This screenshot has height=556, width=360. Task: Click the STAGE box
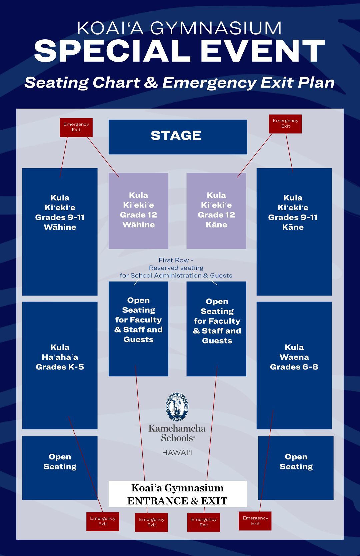[178, 137]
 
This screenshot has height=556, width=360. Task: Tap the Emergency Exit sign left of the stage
[76, 127]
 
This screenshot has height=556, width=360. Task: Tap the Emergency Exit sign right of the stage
[285, 124]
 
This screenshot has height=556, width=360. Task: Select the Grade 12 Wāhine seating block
[138, 210]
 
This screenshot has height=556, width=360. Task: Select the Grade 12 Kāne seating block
[216, 210]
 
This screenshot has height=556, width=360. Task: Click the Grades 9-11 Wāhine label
[60, 213]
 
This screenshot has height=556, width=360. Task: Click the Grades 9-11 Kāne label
[293, 213]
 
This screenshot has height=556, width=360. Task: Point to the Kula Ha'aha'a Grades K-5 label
[60, 357]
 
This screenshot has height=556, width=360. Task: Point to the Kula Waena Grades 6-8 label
[294, 357]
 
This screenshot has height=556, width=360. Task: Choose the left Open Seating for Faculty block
[138, 328]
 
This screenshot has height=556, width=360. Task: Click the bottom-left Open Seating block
[60, 467]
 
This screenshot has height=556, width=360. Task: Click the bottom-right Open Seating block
[296, 467]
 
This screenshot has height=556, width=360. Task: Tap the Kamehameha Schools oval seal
[177, 407]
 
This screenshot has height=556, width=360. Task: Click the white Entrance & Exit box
[178, 494]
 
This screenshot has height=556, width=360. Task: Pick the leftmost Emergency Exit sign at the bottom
[103, 521]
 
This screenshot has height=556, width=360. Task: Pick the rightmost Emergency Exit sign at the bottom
[255, 521]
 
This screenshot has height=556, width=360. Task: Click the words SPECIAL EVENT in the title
[179, 51]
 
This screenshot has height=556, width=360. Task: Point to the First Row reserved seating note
[176, 268]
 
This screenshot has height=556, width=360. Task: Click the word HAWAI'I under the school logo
[177, 453]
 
